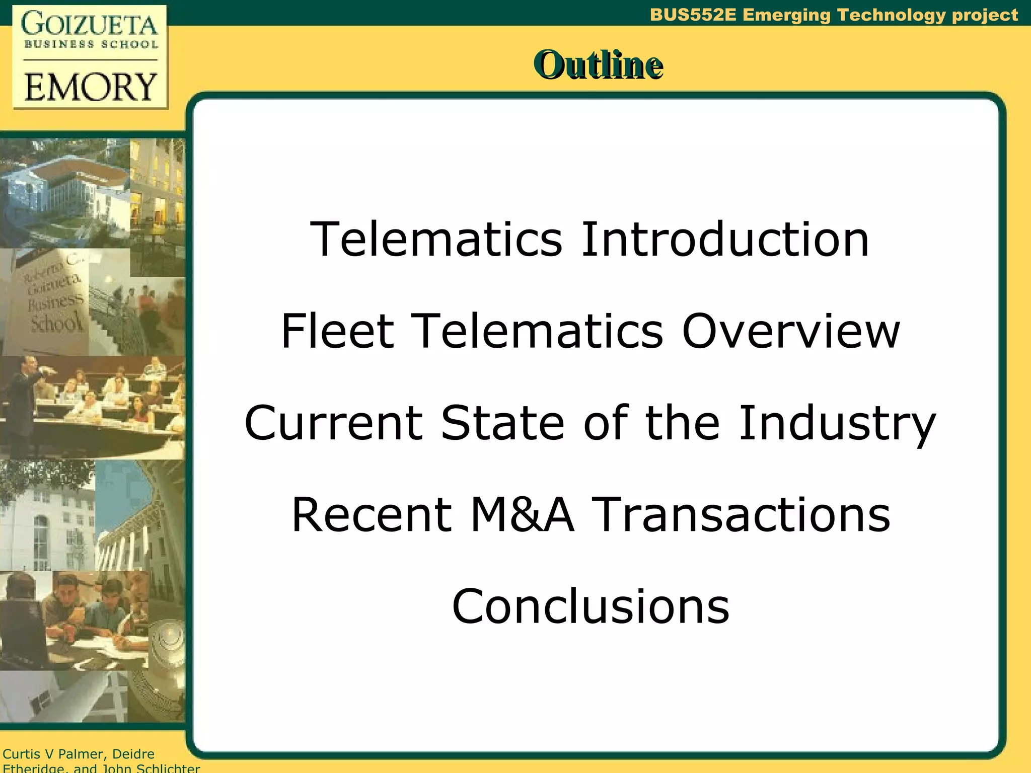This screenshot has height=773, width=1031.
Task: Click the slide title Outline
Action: (x=598, y=65)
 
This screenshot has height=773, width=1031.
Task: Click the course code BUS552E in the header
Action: (x=693, y=15)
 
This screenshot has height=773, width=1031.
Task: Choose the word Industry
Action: (x=837, y=424)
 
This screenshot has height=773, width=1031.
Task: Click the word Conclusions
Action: (x=591, y=606)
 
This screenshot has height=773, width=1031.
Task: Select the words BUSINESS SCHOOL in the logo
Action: (x=91, y=44)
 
